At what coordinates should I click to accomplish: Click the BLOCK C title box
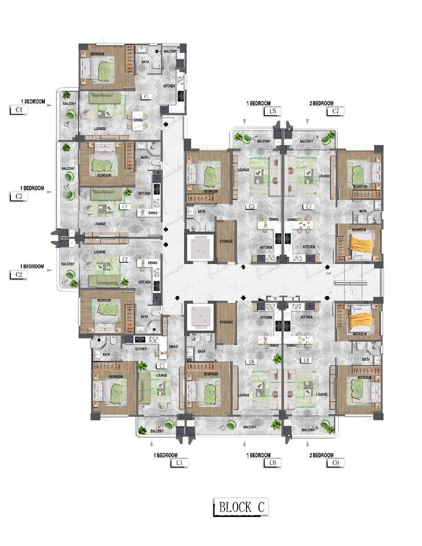click(x=240, y=507)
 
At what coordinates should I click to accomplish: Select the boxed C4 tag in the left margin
click(x=18, y=110)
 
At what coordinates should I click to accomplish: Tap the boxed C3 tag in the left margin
click(x=18, y=197)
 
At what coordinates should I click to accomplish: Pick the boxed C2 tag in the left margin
click(x=18, y=275)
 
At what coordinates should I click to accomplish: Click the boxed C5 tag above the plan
click(x=273, y=112)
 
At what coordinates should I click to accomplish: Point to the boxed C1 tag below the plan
click(x=179, y=463)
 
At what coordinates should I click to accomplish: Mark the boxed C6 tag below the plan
click(x=273, y=463)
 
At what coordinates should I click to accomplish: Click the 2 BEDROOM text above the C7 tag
click(x=322, y=103)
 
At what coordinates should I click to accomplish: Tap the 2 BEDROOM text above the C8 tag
click(x=322, y=455)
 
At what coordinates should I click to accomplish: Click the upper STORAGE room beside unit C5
click(x=226, y=241)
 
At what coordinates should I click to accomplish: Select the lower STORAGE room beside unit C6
click(x=226, y=323)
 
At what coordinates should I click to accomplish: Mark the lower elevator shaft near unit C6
click(x=200, y=316)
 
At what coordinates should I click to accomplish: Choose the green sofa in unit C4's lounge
click(x=106, y=98)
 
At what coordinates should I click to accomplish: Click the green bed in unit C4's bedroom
click(x=103, y=72)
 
